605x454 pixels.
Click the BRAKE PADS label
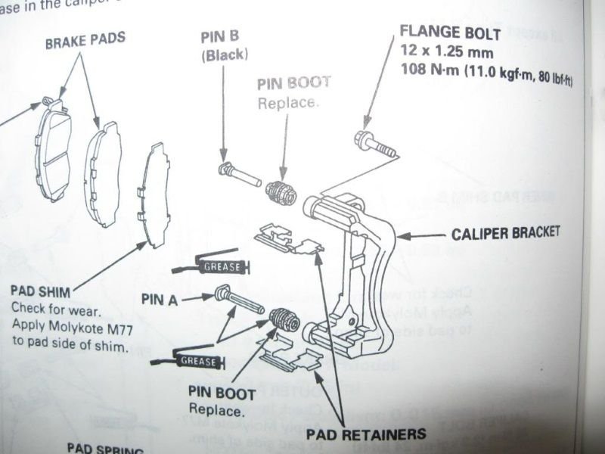[85, 39]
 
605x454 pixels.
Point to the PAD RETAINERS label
[367, 434]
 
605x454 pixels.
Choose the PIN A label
[159, 299]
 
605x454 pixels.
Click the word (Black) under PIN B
[224, 55]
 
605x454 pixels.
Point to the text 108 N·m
[423, 73]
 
